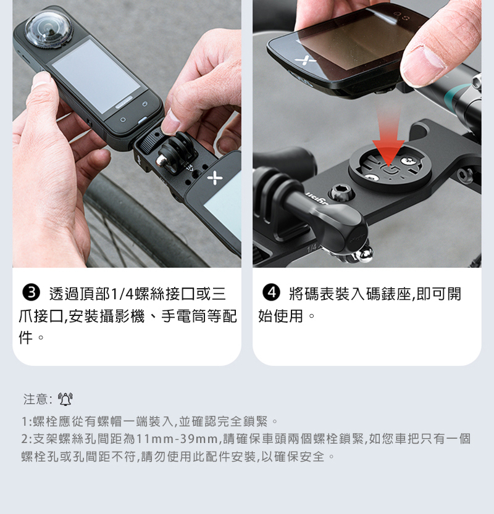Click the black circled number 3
coord(31,292)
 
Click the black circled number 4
coord(271,292)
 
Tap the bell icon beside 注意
coord(65,399)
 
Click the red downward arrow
coord(388,138)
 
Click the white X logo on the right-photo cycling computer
coord(305,60)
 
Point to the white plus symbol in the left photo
coord(215,178)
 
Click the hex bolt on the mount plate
coord(341,192)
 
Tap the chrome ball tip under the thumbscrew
coord(364,255)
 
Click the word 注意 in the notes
coord(35,399)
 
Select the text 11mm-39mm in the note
coord(177,439)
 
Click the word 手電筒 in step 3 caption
coord(183,317)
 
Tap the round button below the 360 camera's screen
coord(123,120)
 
